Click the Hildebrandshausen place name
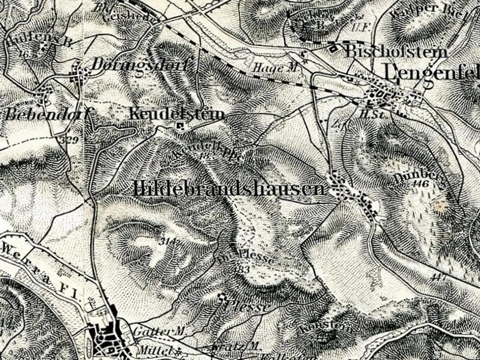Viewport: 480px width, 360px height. [229, 189]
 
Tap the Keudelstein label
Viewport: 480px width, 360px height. [177, 114]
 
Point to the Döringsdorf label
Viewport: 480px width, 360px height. [139, 65]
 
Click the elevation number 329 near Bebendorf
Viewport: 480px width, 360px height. [69, 141]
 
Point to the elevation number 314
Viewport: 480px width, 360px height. [166, 241]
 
